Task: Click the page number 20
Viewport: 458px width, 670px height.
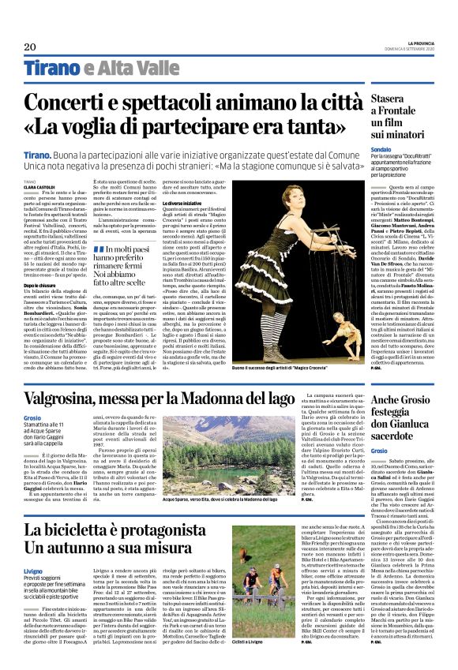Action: tap(30, 47)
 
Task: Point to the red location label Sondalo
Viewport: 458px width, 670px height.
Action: tap(381, 148)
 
